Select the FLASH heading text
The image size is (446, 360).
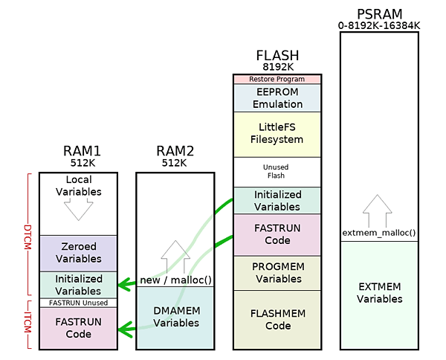pyautogui.click(x=277, y=56)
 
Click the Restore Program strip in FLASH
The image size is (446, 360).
pyautogui.click(x=278, y=79)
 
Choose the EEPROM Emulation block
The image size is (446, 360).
pyautogui.click(x=278, y=97)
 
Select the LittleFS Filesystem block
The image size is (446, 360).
pyautogui.click(x=278, y=134)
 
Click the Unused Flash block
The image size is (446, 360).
pyautogui.click(x=278, y=172)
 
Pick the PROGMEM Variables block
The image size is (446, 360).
pyautogui.click(x=278, y=273)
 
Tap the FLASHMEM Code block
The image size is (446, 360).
pyautogui.click(x=278, y=320)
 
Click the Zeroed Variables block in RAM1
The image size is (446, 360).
pyautogui.click(x=78, y=253)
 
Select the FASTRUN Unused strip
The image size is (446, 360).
pyautogui.click(x=78, y=303)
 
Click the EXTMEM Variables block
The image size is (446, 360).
pyautogui.click(x=379, y=293)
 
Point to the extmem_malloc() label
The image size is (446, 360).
pyautogui.click(x=379, y=233)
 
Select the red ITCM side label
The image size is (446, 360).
pyautogui.click(x=28, y=324)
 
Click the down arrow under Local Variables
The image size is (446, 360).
pyautogui.click(x=78, y=209)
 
